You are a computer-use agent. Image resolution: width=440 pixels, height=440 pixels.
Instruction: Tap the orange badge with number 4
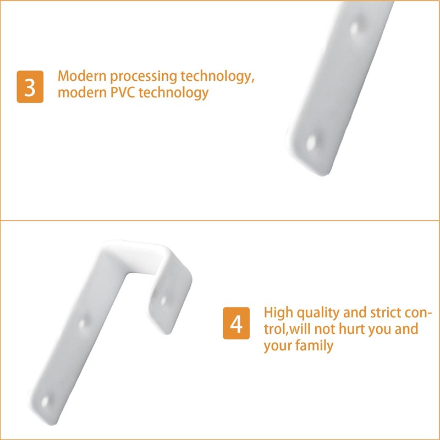pyautogui.click(x=236, y=323)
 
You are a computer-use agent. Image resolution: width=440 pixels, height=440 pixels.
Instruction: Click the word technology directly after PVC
pyautogui.click(x=173, y=92)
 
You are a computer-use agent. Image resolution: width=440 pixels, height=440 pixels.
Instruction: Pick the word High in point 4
pyautogui.click(x=279, y=313)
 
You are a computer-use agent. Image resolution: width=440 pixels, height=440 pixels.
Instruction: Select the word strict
pyautogui.click(x=389, y=312)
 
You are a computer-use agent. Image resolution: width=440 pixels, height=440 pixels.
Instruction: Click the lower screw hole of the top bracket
pyautogui.click(x=312, y=142)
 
